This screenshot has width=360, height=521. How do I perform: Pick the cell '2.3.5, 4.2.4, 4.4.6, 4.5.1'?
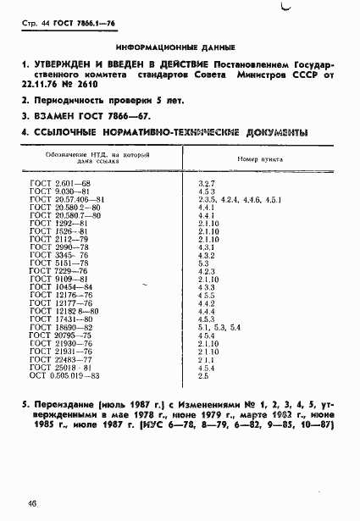(x=238, y=199)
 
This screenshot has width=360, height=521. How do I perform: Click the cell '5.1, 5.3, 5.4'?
(x=219, y=326)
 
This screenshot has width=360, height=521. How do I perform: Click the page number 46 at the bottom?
(x=31, y=503)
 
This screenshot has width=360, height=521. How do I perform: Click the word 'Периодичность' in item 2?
(x=69, y=101)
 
